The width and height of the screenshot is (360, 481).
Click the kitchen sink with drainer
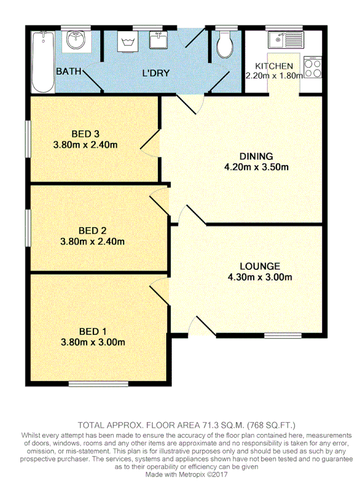pos(285,39)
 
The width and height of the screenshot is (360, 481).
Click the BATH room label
pos(68,71)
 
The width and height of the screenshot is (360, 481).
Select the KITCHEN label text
pos(274,66)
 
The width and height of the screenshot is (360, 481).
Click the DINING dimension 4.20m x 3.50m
pos(256,167)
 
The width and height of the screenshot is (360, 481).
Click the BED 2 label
pos(92,231)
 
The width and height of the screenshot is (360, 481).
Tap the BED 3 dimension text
pos(85,144)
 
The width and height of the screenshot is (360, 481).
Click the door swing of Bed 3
pos(151,140)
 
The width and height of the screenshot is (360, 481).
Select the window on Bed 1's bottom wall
pos(98,383)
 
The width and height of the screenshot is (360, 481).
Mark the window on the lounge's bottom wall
pos(282,336)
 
